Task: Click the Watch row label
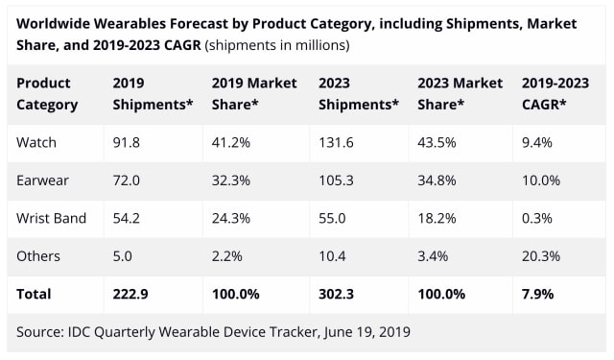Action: click(x=37, y=143)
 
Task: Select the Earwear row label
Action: click(x=41, y=180)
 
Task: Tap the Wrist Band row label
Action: click(x=52, y=218)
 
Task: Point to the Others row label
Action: click(x=39, y=256)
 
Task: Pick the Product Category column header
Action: click(x=48, y=93)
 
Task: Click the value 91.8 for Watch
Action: click(x=128, y=143)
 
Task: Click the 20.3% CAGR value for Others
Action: click(x=540, y=256)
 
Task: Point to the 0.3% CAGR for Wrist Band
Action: click(x=536, y=218)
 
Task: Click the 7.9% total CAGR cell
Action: click(x=537, y=294)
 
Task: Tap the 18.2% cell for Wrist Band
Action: click(x=437, y=218)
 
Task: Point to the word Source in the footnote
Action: click(x=42, y=331)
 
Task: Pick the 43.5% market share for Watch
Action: click(x=437, y=143)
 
